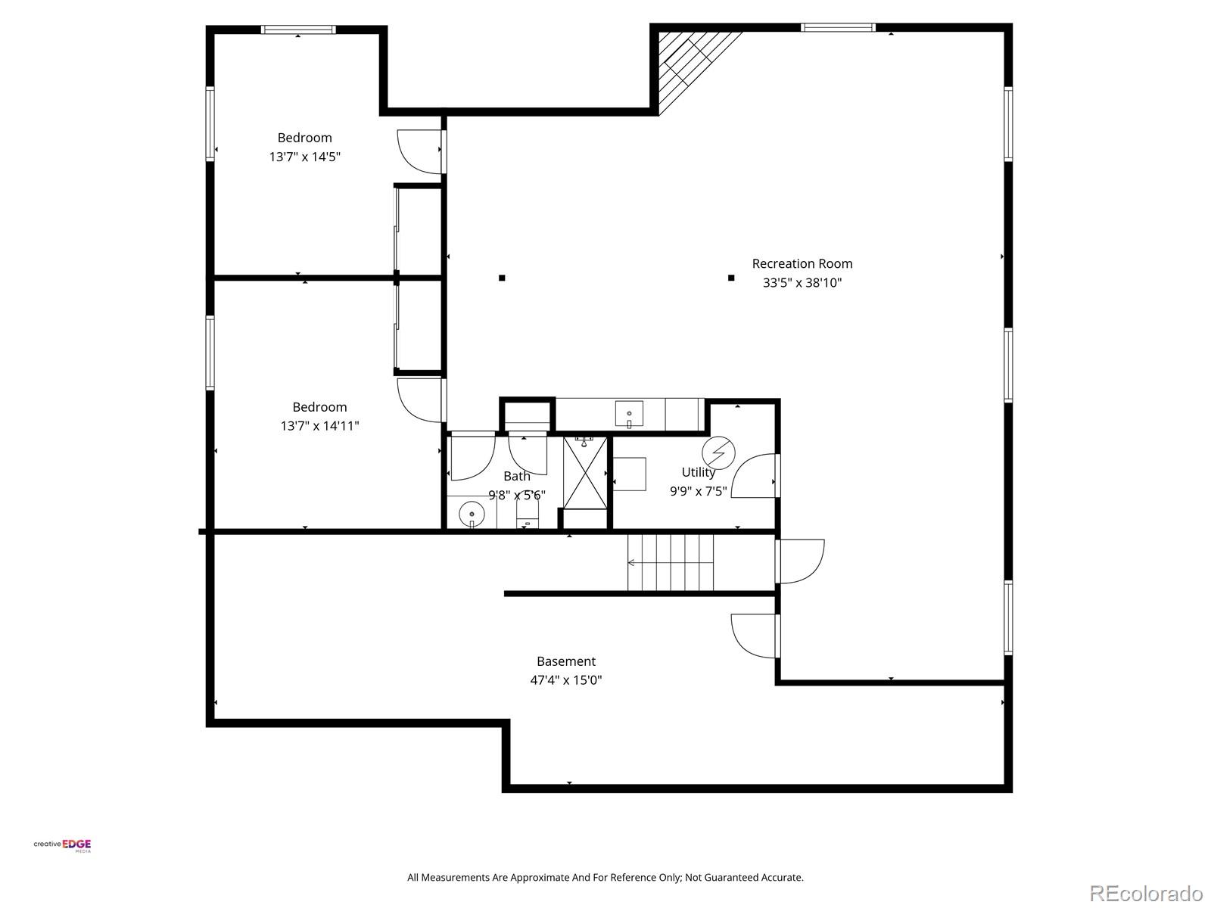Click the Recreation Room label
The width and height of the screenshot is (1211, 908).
click(802, 263)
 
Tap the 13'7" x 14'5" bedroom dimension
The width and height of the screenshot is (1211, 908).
click(304, 157)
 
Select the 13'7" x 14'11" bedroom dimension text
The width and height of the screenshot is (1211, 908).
click(319, 426)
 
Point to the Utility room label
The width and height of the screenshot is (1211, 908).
click(698, 472)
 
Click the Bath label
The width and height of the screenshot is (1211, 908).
click(517, 476)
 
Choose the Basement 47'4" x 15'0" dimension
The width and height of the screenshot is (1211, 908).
click(565, 679)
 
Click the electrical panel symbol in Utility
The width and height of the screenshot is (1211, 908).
click(718, 452)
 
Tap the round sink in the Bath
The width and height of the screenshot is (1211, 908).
click(472, 513)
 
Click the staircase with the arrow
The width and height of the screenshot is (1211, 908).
click(671, 562)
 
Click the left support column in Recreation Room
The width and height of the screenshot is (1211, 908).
click(502, 278)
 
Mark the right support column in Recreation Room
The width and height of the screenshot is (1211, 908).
click(731, 278)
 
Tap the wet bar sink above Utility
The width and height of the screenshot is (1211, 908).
click(629, 415)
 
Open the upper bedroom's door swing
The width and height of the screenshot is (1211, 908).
click(419, 151)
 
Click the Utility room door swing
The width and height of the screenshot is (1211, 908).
click(754, 476)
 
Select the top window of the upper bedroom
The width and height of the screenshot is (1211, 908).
click(298, 30)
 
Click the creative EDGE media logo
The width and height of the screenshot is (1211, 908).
click(62, 845)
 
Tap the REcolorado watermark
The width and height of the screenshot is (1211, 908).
click(1146, 893)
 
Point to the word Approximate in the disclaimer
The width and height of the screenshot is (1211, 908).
click(539, 878)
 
